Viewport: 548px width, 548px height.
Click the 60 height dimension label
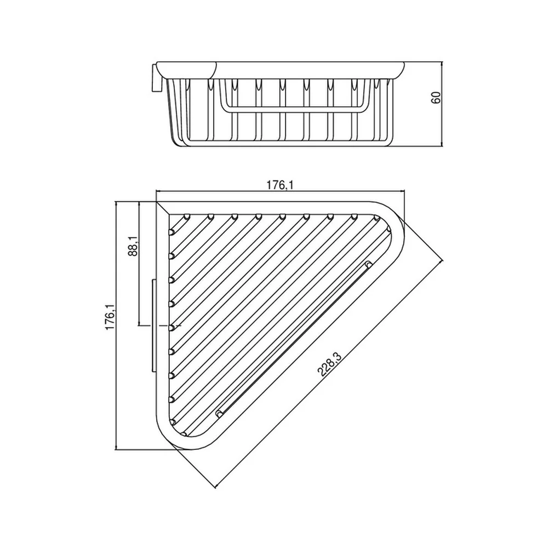point(436,98)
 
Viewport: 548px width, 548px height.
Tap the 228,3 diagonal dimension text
point(329,364)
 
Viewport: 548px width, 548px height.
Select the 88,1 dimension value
point(134,247)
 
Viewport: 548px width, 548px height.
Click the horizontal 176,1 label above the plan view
point(280,185)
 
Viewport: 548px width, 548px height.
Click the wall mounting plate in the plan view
point(153,325)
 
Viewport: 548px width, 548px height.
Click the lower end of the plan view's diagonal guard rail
point(220,414)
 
